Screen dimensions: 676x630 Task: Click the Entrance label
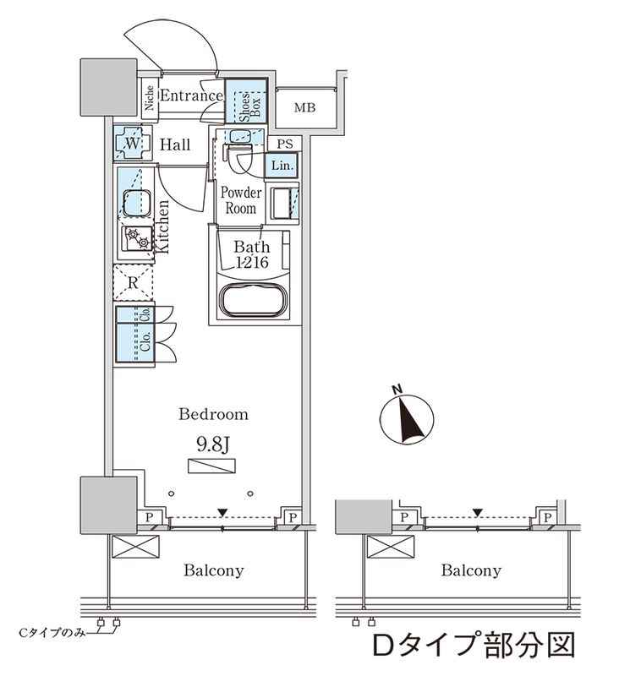click(x=190, y=96)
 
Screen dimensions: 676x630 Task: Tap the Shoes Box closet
click(x=246, y=103)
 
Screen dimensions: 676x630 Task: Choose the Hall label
click(x=175, y=145)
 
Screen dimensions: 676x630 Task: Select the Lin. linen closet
click(x=282, y=166)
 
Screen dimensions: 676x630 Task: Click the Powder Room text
click(x=241, y=200)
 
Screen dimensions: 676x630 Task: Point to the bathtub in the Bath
click(x=251, y=301)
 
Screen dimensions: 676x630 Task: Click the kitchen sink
click(x=134, y=203)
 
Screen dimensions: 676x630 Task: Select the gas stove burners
click(x=136, y=240)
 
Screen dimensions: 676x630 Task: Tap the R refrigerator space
click(x=134, y=283)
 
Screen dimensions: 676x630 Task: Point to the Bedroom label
click(x=213, y=414)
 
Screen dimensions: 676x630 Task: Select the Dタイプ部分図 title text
click(x=474, y=645)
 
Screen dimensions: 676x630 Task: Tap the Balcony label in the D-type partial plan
click(x=470, y=570)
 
